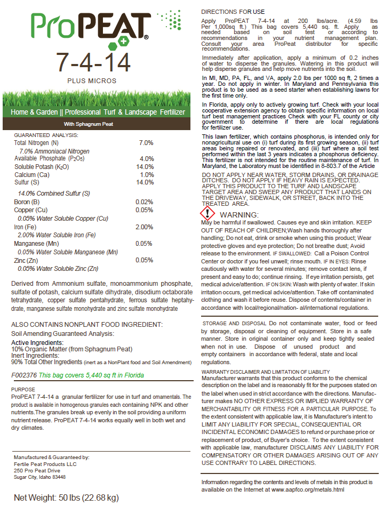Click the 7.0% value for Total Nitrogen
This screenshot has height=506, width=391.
[x=146, y=143]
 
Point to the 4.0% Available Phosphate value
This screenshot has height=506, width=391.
[x=146, y=159]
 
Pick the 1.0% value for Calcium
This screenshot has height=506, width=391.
[x=147, y=175]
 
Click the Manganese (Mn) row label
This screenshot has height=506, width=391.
[x=36, y=244]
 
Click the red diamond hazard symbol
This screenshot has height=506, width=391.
[x=211, y=213]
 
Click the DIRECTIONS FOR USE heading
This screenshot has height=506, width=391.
[x=232, y=11]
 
